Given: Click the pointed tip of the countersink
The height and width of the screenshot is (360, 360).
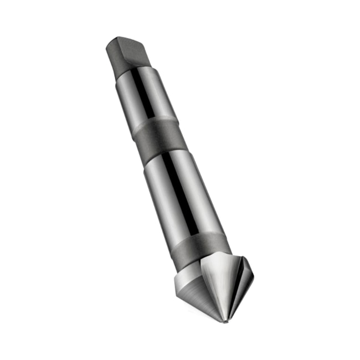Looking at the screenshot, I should coord(225,321).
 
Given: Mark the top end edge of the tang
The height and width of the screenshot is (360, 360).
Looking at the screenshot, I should coord(125,40).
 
